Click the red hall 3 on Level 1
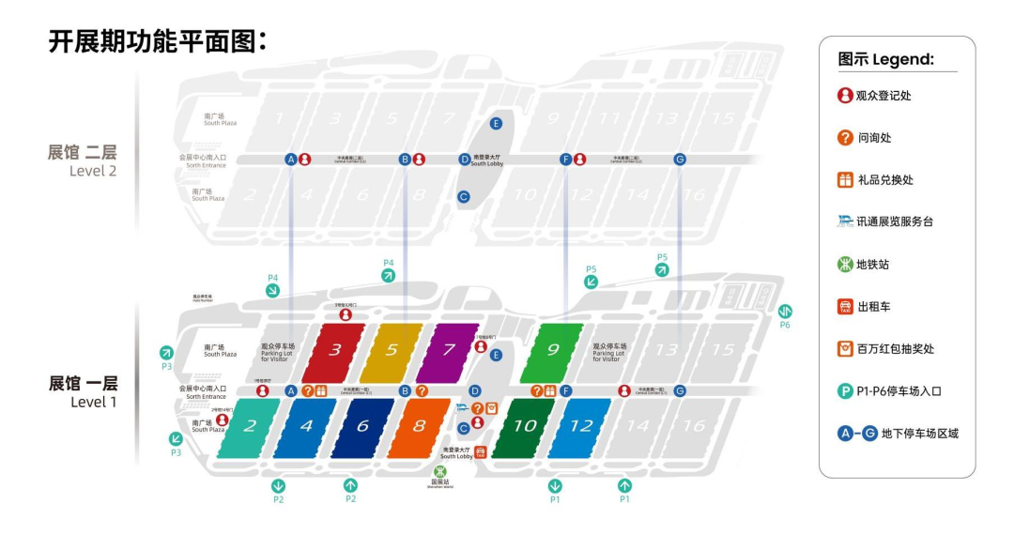pyautogui.click(x=333, y=353)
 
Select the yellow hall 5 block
pyautogui.click(x=392, y=353)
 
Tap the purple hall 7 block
pyautogui.click(x=449, y=353)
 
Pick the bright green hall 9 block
pyautogui.click(x=553, y=351)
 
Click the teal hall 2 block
pyautogui.click(x=250, y=427)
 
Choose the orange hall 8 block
pyautogui.click(x=419, y=427)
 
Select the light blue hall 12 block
pyautogui.click(x=581, y=427)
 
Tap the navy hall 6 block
pyautogui.click(x=362, y=427)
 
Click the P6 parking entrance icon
pyautogui.click(x=786, y=311)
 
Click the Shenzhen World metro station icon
pyautogui.click(x=440, y=472)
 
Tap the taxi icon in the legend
pyautogui.click(x=845, y=307)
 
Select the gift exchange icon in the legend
pyautogui.click(x=845, y=180)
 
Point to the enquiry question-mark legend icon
pyautogui.click(x=845, y=138)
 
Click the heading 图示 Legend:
pyautogui.click(x=885, y=60)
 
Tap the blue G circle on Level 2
pyautogui.click(x=680, y=160)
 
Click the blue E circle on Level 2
pyautogui.click(x=496, y=123)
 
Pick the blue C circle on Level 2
pyautogui.click(x=463, y=197)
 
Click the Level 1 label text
pyautogui.click(x=84, y=392)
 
